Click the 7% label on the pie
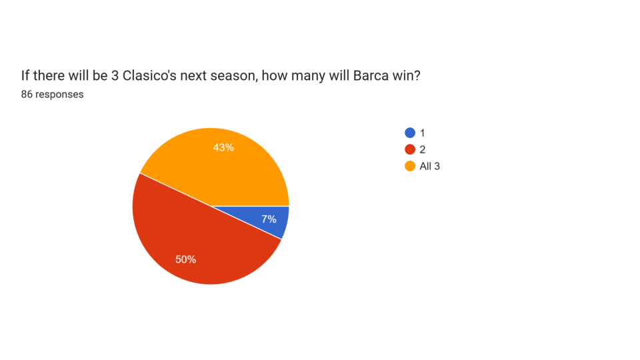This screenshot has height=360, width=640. pos(269,219)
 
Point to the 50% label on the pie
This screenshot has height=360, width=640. pos(185,259)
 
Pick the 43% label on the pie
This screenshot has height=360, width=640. pos(223,147)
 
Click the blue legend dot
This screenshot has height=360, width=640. pos(410,133)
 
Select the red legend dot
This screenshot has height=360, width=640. pos(410,149)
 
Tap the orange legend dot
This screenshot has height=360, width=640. pos(410,166)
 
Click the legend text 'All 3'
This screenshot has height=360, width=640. pos(430,166)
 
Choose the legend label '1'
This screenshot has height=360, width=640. pos(423,133)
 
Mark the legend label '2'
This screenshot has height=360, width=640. pos(423,149)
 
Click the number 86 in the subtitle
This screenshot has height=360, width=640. pos(27,94)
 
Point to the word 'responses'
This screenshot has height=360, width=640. pos(59,94)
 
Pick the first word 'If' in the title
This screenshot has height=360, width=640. pos(25,75)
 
